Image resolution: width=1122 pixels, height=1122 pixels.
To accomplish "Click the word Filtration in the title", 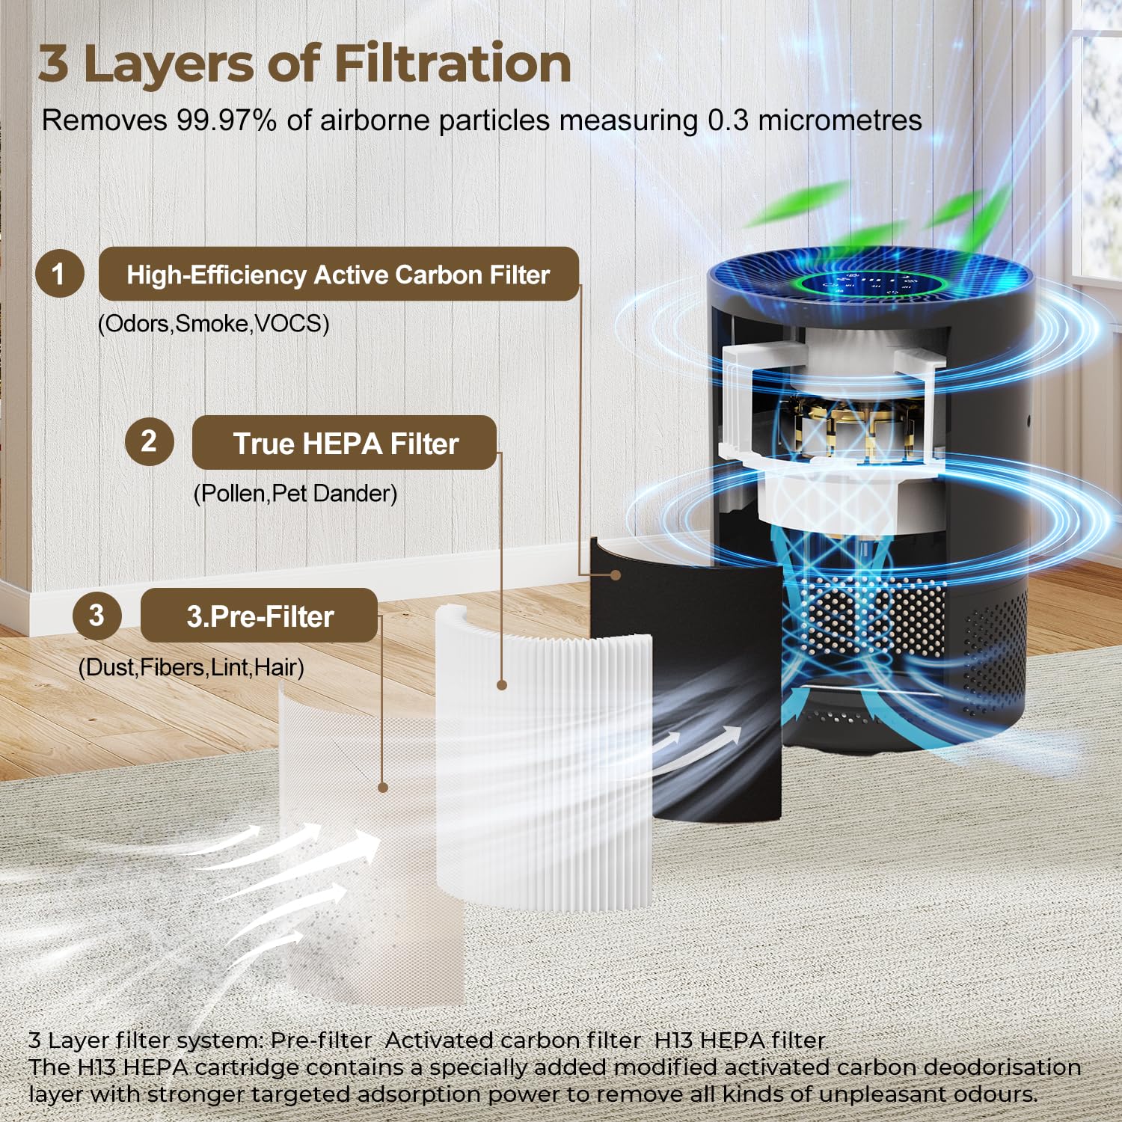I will point(453,64).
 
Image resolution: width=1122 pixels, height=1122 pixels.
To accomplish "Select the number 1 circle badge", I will point(59,275).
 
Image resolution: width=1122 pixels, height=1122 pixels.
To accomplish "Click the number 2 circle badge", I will point(149,441).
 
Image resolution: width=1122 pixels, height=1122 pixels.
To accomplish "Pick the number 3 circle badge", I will point(96,615).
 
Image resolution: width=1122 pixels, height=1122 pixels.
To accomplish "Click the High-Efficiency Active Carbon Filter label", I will point(338,275).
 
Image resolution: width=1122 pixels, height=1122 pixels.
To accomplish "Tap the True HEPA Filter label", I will point(345,444).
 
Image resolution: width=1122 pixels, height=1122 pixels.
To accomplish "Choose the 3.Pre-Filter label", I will point(260,616).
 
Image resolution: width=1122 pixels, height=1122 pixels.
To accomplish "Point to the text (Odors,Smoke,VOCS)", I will point(214,324).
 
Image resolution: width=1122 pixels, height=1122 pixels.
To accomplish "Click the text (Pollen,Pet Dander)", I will point(295,494).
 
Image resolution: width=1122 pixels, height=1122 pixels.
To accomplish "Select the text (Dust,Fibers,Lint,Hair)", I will point(191,667).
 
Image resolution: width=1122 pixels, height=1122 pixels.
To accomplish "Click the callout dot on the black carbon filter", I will point(615,574).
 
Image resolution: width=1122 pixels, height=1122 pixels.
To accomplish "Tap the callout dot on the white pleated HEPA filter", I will point(502,684).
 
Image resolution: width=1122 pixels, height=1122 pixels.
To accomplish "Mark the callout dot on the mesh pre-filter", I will point(383,787).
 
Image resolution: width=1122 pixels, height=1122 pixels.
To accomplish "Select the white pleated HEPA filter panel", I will point(546,770).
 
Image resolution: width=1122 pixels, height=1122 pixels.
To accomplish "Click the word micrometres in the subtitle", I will point(840,120).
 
